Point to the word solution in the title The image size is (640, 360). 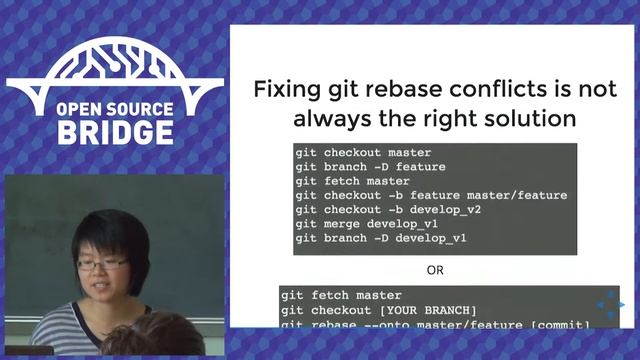pos(527,118)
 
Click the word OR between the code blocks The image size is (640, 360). pos(435,270)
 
